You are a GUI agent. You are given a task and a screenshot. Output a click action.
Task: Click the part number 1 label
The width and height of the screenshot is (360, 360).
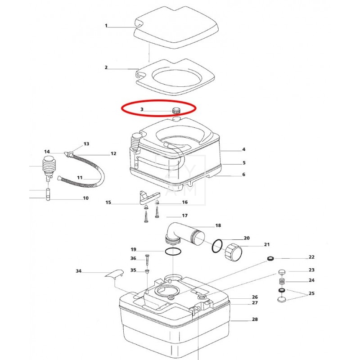coord(106,26)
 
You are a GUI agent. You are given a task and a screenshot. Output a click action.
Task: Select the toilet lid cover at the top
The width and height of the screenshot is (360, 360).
coord(176,27)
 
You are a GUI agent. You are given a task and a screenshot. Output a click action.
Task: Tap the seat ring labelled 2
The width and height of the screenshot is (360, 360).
coord(175,77)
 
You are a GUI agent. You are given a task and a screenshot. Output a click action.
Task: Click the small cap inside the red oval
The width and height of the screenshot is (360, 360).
coord(176,110)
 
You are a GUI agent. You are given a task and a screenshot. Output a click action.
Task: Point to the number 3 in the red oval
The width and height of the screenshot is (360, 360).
coord(142,109)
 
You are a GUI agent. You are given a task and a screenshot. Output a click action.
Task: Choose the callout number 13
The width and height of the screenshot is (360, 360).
coord(86,144)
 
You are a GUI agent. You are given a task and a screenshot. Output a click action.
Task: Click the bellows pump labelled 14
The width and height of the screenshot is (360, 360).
coord(49,168)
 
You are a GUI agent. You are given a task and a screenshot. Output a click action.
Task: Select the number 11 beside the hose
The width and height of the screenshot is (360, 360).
coord(80,177)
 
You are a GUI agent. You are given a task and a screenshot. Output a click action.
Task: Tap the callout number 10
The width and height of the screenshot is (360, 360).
coord(85,198)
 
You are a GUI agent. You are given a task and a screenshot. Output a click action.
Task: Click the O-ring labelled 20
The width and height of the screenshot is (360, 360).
coord(217,246)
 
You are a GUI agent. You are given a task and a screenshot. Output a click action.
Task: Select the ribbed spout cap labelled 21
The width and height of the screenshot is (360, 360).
coord(233,253)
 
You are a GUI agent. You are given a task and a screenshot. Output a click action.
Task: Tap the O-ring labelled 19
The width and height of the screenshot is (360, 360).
coord(173,252)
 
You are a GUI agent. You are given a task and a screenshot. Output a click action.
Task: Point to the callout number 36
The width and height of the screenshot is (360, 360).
coord(133,258)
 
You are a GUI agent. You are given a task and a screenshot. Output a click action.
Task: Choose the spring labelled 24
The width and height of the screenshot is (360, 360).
coord(282,281)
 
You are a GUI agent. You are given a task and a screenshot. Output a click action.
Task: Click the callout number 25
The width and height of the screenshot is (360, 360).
coord(311,293)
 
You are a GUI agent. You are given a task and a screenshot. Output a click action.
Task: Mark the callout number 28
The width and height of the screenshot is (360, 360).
coord(255,319)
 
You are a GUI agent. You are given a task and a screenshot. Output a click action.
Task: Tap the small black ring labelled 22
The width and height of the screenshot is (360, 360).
coord(271,259)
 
